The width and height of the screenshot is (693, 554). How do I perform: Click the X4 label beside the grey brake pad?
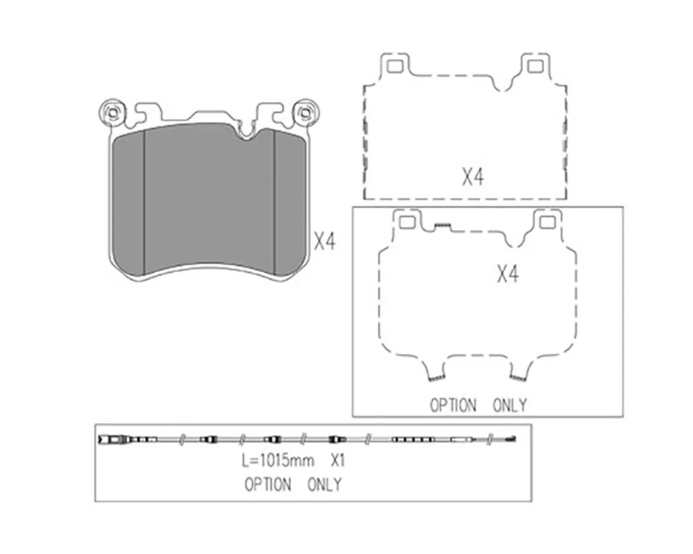[325, 242]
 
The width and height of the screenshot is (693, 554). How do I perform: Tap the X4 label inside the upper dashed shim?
[473, 177]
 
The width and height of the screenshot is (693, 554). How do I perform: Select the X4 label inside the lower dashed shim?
[508, 274]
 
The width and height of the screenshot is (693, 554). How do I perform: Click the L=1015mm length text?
[278, 461]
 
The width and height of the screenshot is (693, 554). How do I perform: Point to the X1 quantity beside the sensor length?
[337, 461]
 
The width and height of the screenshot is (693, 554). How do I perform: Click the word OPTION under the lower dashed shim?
[453, 405]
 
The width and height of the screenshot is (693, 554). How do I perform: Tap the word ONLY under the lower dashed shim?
[509, 405]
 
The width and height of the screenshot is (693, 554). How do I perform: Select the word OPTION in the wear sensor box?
[267, 485]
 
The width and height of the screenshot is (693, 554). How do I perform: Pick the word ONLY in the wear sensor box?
[324, 485]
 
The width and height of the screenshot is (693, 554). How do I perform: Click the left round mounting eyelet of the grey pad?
[112, 112]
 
